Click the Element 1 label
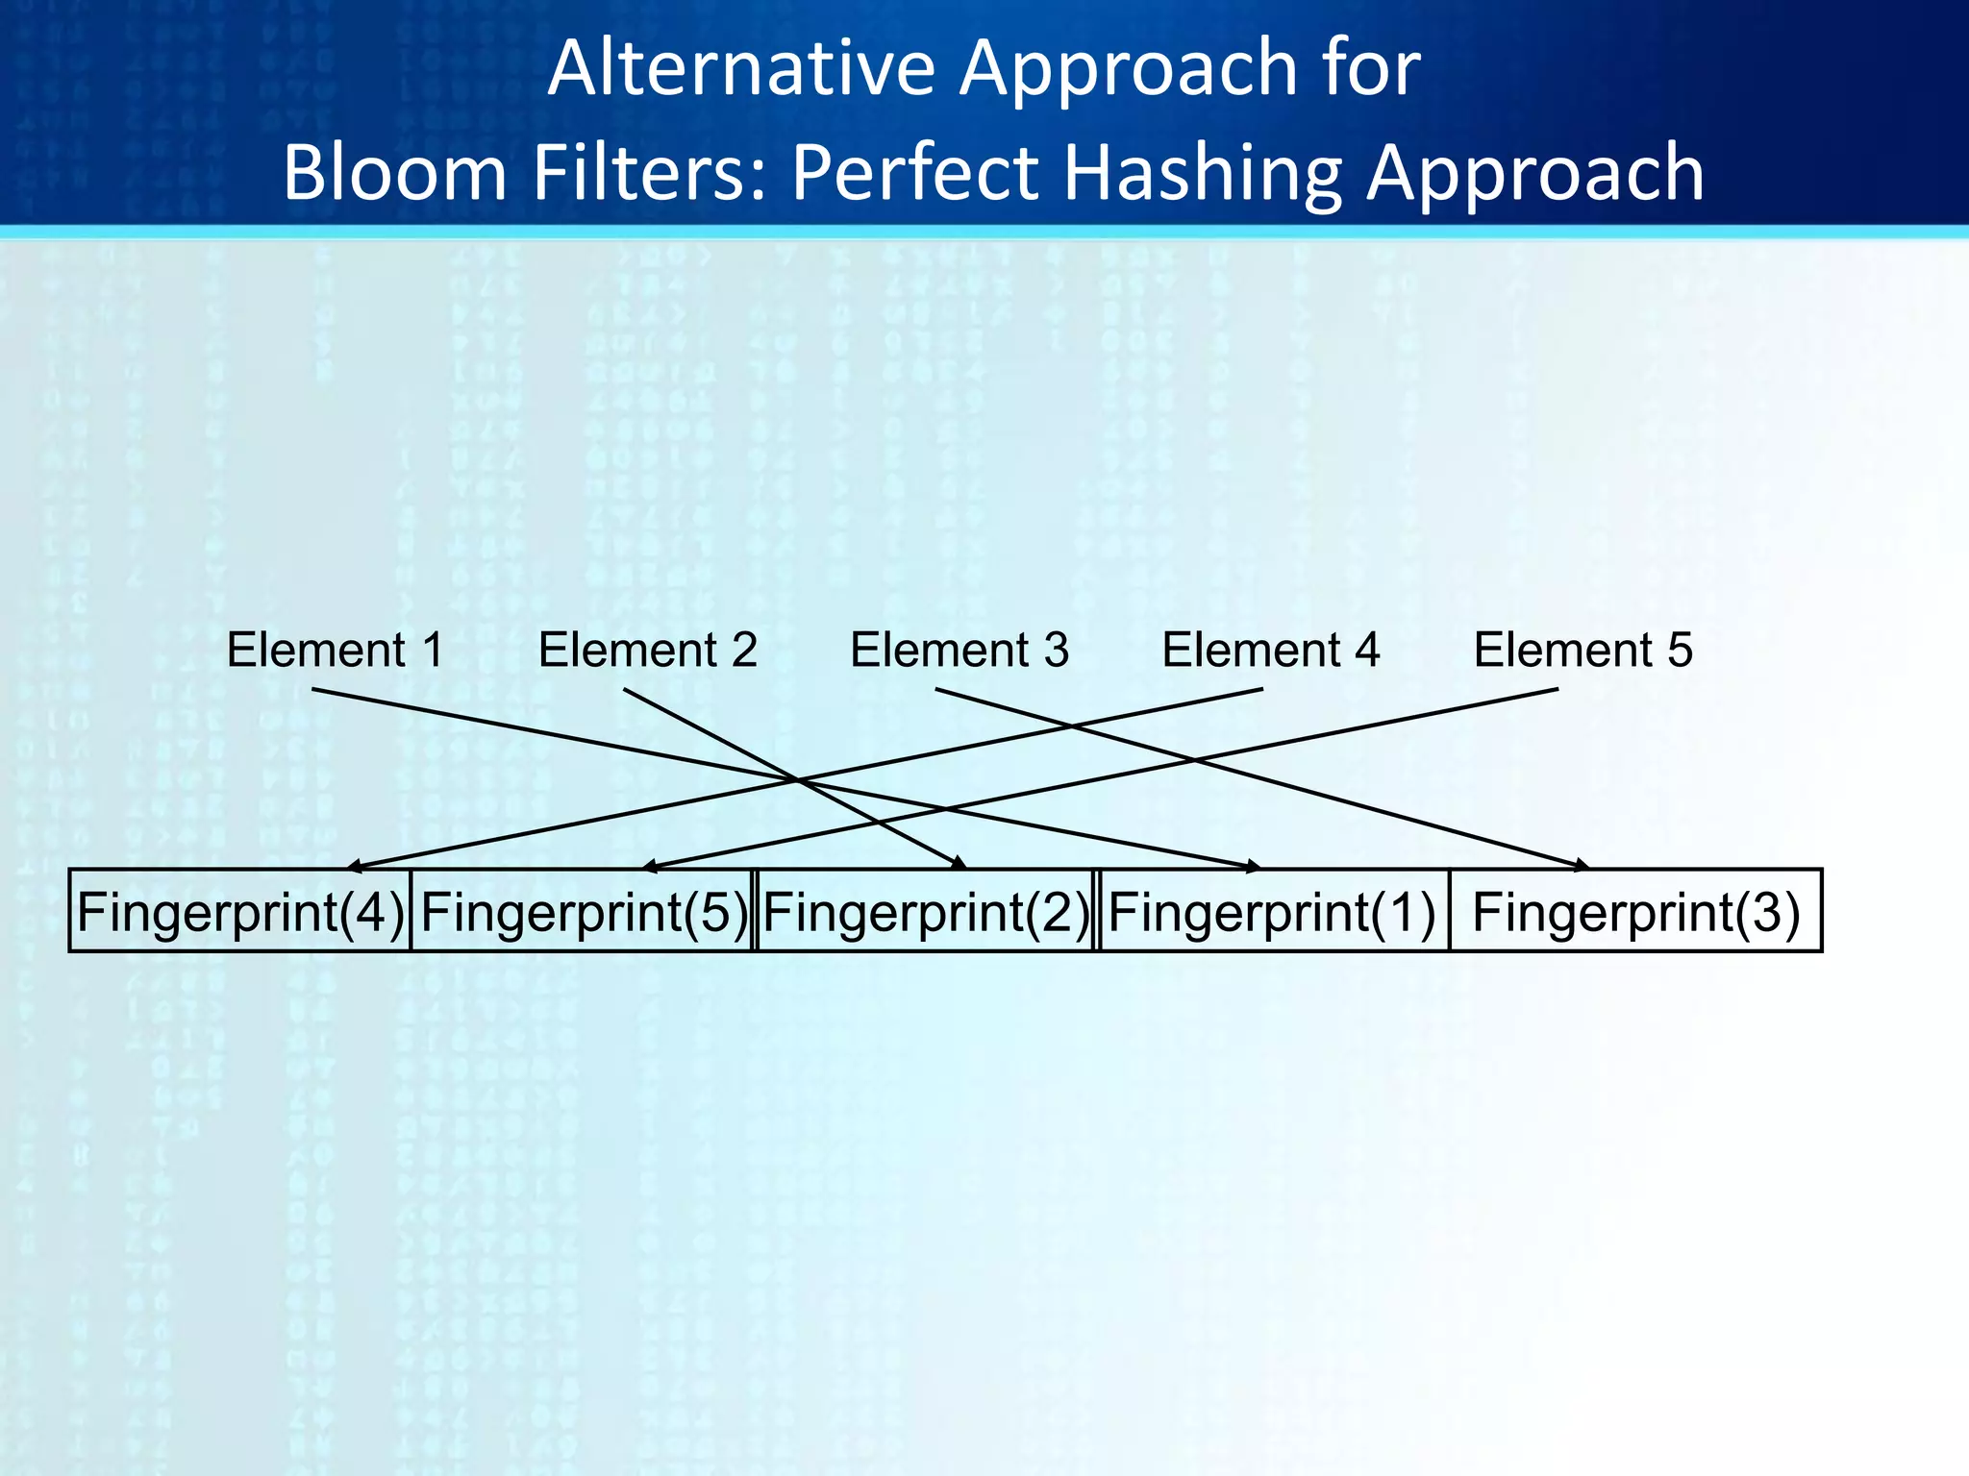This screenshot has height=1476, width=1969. tap(336, 651)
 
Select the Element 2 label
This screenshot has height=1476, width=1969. tap(648, 651)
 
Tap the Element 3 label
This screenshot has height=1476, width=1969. tap(960, 651)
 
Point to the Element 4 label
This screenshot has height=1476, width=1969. tap(1271, 651)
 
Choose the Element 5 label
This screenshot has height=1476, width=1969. tap(1583, 651)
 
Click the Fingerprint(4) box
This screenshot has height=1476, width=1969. tap(240, 911)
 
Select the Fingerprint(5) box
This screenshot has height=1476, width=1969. tap(584, 911)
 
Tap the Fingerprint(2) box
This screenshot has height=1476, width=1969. tap(926, 911)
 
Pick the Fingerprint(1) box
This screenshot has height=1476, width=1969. tap(1272, 911)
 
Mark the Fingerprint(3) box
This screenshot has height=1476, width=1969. tap(1635, 911)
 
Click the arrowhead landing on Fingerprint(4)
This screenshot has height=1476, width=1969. tap(354, 867)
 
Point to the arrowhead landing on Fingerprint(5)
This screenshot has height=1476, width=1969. tap(650, 867)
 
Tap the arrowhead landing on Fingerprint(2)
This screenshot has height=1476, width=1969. tap(959, 865)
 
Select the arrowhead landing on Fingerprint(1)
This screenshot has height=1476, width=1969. tap(1252, 867)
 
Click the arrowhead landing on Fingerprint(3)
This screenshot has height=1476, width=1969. tap(1580, 867)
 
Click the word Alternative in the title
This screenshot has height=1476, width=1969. tap(740, 69)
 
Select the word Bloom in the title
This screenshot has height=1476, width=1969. tap(394, 173)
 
